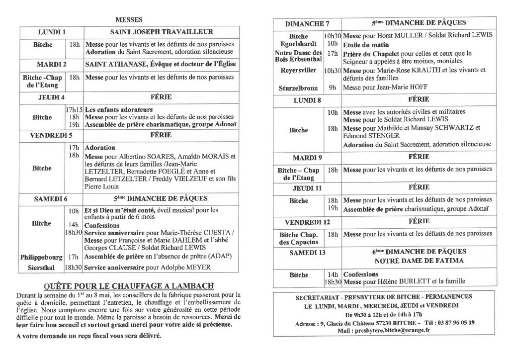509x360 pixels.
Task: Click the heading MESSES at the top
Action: click(129, 20)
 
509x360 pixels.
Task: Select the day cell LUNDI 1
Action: click(52, 32)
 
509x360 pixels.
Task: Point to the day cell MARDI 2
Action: click(52, 65)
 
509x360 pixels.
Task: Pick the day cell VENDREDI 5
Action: click(52, 135)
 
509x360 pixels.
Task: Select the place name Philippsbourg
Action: click(41, 257)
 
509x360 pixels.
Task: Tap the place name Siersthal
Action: click(41, 268)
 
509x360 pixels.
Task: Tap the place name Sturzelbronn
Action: click(299, 87)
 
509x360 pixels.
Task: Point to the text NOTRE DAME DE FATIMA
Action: click(419, 261)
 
